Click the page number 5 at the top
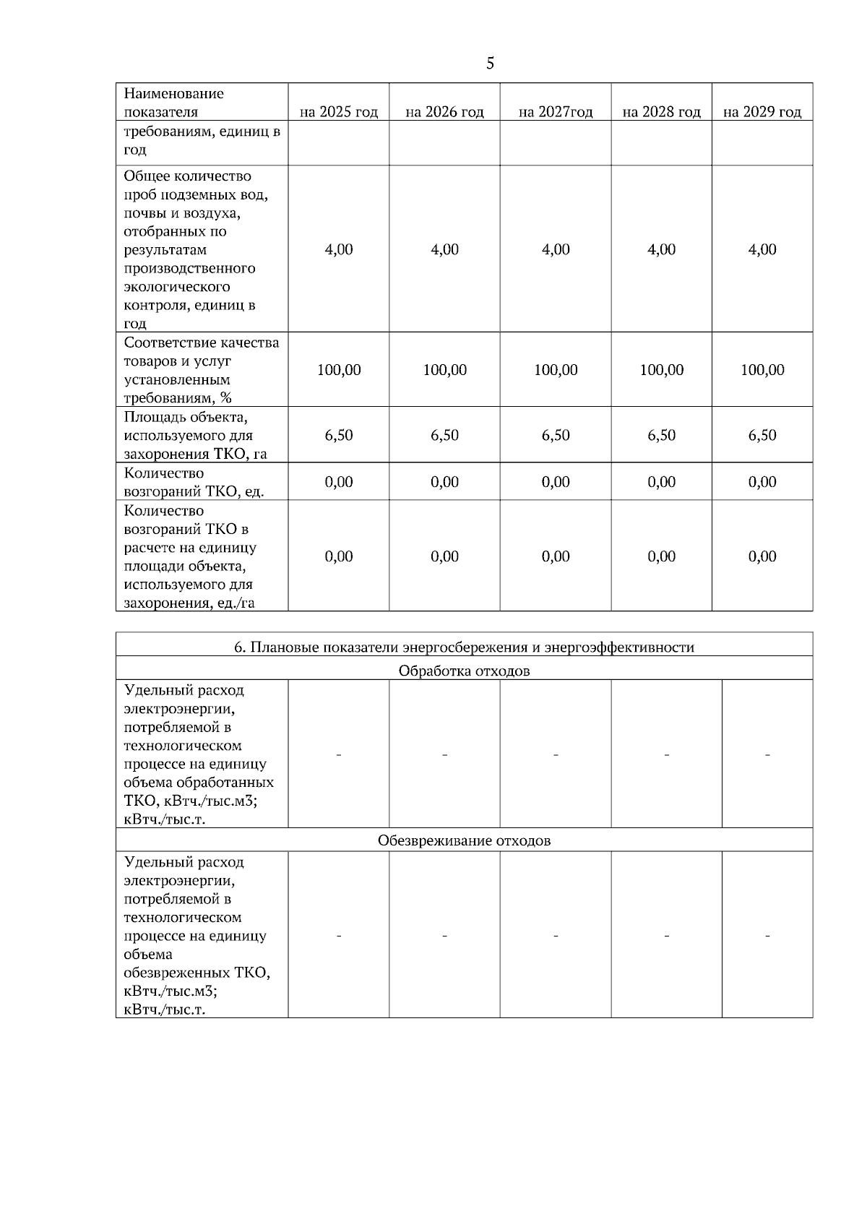coord(490,64)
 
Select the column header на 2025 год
coord(339,112)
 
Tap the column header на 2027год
coord(556,112)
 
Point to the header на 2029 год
coord(762,112)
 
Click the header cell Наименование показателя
coord(174,103)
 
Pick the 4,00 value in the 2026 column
coord(444,249)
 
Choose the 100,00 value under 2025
coord(339,370)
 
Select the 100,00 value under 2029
coord(762,370)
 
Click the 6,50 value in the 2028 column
coord(661,435)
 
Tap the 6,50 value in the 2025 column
coord(339,435)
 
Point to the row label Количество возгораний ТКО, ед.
coord(194,482)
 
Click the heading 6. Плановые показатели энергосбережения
coord(464,647)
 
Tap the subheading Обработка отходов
coord(464,671)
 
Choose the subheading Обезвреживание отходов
coord(464,840)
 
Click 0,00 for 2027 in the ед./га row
coord(556,556)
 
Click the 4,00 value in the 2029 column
coord(762,249)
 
